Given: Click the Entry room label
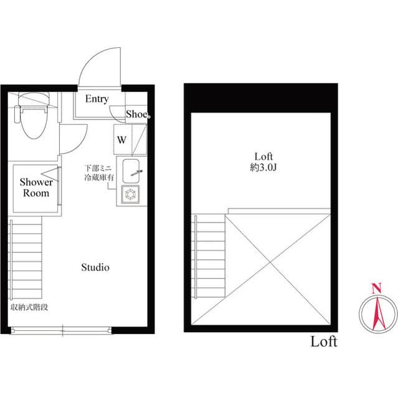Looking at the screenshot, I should tap(97, 99).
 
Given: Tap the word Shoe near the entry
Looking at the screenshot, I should tap(136, 114).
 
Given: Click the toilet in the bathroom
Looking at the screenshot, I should tap(29, 121).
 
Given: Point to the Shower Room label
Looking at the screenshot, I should tap(36, 188).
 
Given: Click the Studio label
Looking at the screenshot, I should tap(95, 267).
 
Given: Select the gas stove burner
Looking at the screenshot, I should tap(132, 194).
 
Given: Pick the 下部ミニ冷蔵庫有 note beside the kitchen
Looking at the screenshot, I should tap(100, 173).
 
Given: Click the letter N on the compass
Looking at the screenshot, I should tap(376, 288).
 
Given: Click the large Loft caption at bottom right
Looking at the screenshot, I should tap(324, 341).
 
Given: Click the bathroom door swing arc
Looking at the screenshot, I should tap(70, 141).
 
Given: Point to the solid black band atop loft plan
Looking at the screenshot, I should tap(261, 98).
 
